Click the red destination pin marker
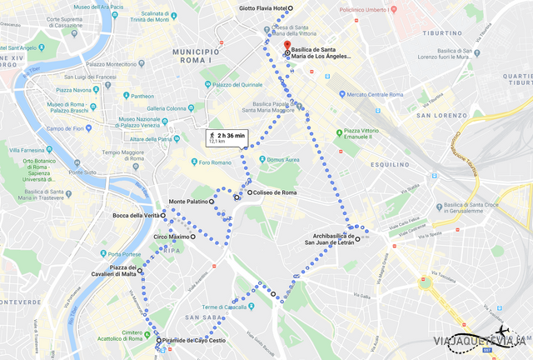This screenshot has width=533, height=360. coord(287,45)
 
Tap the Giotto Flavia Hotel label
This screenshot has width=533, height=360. coord(262,8)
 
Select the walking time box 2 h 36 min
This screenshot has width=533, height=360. coord(227,137)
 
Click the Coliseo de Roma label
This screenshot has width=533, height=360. coord(275,192)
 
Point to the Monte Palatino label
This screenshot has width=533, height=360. coord(188,202)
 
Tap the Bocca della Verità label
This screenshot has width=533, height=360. coord(136,216)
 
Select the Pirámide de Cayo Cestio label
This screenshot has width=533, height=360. coord(194,341)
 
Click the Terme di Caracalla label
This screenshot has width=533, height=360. coord(214,307)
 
